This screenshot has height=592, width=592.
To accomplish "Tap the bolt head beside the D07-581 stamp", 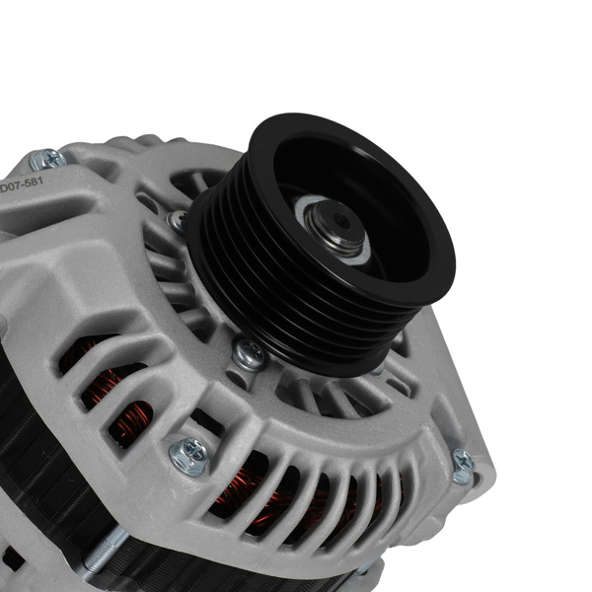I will pyautogui.click(x=46, y=158).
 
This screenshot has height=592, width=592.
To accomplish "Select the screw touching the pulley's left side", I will pyautogui.click(x=178, y=220).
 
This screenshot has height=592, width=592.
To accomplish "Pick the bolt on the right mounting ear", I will pyautogui.click(x=462, y=466).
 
